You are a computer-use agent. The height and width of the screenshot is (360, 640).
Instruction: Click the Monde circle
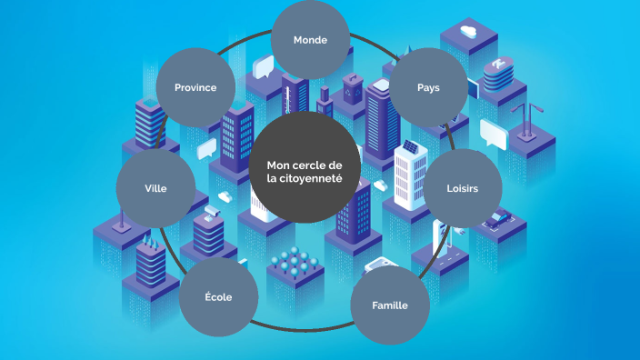tap(310, 40)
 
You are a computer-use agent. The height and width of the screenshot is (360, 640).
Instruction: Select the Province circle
tap(195, 87)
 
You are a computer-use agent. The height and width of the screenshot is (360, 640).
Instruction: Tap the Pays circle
tap(428, 87)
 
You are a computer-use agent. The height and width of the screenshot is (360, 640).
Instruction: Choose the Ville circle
tap(155, 188)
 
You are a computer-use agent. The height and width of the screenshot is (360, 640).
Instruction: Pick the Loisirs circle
tap(462, 188)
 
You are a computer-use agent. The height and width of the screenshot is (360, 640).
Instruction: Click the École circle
tap(218, 297)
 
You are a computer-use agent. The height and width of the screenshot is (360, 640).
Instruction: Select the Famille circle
tap(389, 305)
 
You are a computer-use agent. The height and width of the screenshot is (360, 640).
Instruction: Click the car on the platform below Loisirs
tap(497, 218)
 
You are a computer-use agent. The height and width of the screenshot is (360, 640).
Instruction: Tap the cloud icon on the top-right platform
tap(469, 33)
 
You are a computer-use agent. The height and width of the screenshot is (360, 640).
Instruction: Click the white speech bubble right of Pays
tap(493, 135)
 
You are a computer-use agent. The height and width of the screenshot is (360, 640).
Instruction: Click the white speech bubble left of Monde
tap(264, 65)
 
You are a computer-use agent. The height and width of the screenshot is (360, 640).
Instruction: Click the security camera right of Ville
tap(213, 211)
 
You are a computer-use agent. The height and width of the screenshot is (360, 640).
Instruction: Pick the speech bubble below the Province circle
tap(207, 146)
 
